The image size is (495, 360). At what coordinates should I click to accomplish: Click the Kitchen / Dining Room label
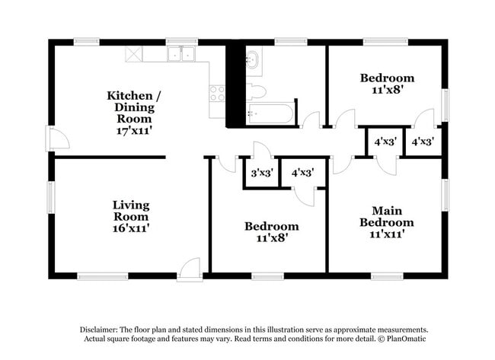pyautogui.click(x=134, y=113)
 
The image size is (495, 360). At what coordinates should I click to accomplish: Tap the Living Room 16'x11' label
pyautogui.click(x=131, y=216)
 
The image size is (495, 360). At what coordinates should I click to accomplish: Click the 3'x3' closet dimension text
pyautogui.click(x=262, y=173)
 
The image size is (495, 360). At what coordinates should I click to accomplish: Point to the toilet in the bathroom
pyautogui.click(x=256, y=91)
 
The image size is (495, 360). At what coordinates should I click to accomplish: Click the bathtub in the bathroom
pyautogui.click(x=270, y=113)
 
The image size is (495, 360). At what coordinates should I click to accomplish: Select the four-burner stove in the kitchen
pyautogui.click(x=217, y=94)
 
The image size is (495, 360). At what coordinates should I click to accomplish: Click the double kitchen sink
pyautogui.click(x=181, y=54)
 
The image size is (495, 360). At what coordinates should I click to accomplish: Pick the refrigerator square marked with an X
pyautogui.click(x=134, y=54)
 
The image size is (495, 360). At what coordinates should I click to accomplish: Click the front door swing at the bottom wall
pyautogui.click(x=190, y=269)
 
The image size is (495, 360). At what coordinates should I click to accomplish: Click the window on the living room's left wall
pyautogui.click(x=51, y=196)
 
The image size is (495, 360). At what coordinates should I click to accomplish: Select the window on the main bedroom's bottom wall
pyautogui.click(x=387, y=276)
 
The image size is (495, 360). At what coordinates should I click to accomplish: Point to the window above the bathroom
pyautogui.click(x=291, y=42)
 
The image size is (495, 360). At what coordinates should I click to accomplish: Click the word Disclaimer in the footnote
pyautogui.click(x=99, y=330)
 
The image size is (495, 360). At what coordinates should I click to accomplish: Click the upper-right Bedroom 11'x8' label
pyautogui.click(x=388, y=84)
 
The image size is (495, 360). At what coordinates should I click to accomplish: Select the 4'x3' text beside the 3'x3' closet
pyautogui.click(x=302, y=173)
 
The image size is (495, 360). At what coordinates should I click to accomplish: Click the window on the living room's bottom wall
pyautogui.click(x=103, y=276)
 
